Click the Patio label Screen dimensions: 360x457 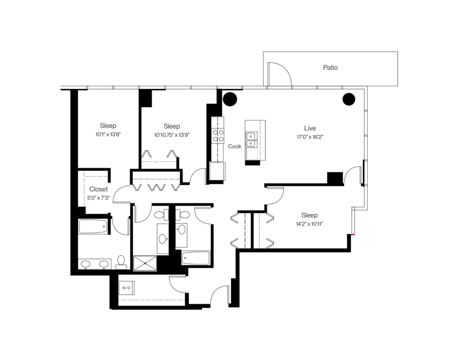[x=330, y=67]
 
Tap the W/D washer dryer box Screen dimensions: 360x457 [x=127, y=288]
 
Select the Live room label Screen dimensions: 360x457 [x=310, y=128]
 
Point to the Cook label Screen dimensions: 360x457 [x=235, y=146]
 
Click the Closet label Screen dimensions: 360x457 [x=99, y=189]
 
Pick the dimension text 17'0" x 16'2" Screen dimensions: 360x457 [x=310, y=137]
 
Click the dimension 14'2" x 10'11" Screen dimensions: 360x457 [x=309, y=224]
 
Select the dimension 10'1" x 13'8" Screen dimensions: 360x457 [x=108, y=134]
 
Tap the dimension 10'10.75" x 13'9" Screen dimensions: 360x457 [x=172, y=135]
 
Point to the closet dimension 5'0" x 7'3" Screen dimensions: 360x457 [x=99, y=197]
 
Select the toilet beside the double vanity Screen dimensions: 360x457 [x=121, y=262]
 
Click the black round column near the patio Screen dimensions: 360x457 [x=349, y=99]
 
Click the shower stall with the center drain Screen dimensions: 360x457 [x=146, y=263]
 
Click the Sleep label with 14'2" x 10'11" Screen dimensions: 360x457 [x=309, y=215]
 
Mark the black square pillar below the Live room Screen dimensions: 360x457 [x=335, y=178]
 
